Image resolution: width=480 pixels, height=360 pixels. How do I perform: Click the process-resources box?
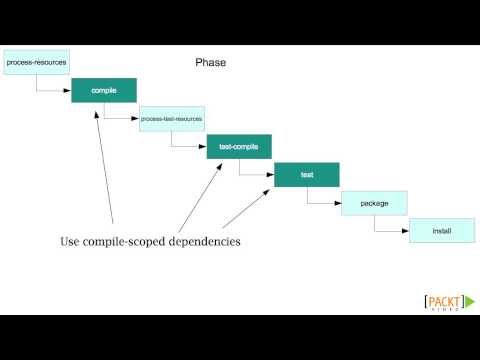[36, 62]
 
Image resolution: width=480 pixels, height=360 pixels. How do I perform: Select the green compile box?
[104, 90]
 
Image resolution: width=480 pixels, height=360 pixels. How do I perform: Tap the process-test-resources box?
[172, 118]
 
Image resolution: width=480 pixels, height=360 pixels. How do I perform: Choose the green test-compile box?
[239, 146]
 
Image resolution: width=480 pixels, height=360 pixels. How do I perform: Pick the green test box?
[307, 174]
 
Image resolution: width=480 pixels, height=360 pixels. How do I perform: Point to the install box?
[442, 230]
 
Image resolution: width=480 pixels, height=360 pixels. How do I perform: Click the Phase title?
[211, 62]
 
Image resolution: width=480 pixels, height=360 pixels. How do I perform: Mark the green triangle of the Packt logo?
[468, 302]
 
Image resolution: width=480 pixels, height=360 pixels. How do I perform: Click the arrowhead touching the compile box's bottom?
[100, 107]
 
